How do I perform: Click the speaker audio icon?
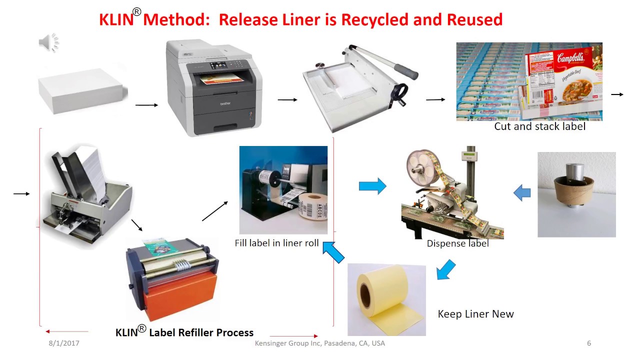point(48,42)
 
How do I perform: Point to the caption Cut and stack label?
point(539,126)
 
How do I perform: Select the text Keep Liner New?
point(475,314)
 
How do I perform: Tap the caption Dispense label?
point(457,243)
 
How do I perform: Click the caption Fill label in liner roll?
point(276,243)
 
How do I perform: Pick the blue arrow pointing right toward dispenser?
point(372,186)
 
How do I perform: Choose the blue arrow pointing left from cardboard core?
point(522,192)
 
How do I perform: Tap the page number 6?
point(589,343)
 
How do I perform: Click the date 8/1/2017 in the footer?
point(63,343)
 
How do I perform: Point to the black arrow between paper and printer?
point(146,105)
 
